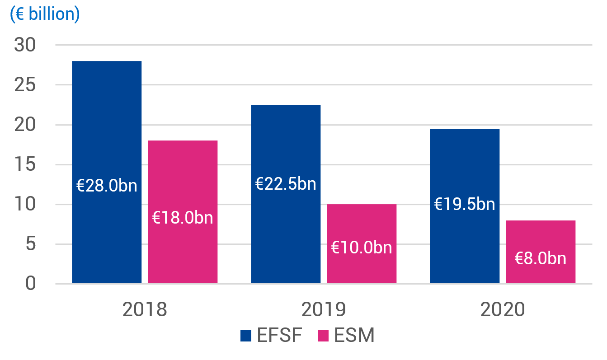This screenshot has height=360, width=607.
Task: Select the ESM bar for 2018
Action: point(183,181)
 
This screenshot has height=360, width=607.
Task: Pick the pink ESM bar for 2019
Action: point(362,226)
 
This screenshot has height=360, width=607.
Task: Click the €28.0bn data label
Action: point(107,186)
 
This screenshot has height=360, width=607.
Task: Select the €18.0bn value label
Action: point(183,218)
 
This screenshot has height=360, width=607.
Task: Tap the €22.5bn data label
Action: point(286,184)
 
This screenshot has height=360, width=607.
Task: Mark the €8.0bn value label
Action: point(541,258)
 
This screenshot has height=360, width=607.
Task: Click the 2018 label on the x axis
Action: point(145,310)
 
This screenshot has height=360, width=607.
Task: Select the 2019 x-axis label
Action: point(324,310)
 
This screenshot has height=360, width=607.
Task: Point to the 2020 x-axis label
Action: point(503,310)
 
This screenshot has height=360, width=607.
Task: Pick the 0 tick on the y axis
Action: point(31,284)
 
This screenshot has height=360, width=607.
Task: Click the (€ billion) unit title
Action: point(45,14)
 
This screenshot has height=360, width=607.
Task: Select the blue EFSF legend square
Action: point(245,336)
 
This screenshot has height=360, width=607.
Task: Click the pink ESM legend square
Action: point(323,336)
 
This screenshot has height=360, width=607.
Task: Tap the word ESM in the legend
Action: point(354,336)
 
